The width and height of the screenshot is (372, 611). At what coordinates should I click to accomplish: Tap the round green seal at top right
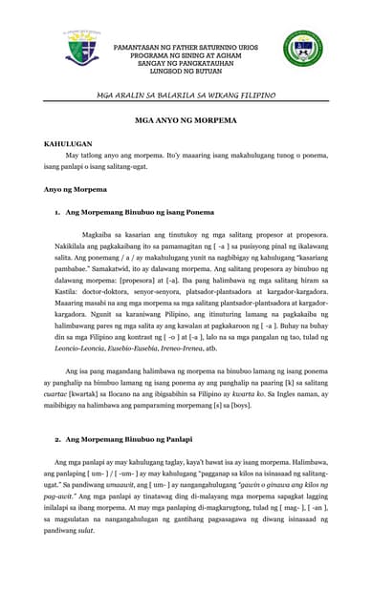[302, 49]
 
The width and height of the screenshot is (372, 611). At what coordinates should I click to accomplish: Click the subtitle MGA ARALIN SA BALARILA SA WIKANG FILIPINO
[186, 95]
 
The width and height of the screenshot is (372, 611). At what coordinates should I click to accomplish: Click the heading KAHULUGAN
[68, 143]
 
